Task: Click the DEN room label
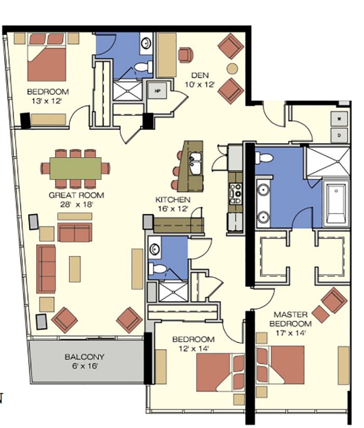click(x=200, y=75)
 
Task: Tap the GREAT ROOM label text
click(x=76, y=195)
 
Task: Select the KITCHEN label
click(x=173, y=200)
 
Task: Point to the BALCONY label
click(x=85, y=357)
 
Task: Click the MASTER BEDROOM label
click(x=290, y=319)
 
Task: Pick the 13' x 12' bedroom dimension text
click(x=47, y=101)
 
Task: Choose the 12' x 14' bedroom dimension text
click(x=193, y=348)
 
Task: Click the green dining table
click(x=75, y=168)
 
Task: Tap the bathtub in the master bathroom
click(x=336, y=204)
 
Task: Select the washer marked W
click(x=340, y=119)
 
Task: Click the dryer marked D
click(x=340, y=135)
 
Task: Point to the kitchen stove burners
click(x=236, y=194)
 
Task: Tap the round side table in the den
click(x=232, y=69)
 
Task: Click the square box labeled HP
click(x=157, y=91)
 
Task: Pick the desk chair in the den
click(x=186, y=55)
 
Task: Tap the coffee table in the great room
click(x=75, y=269)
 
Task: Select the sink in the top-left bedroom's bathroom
click(x=146, y=43)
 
